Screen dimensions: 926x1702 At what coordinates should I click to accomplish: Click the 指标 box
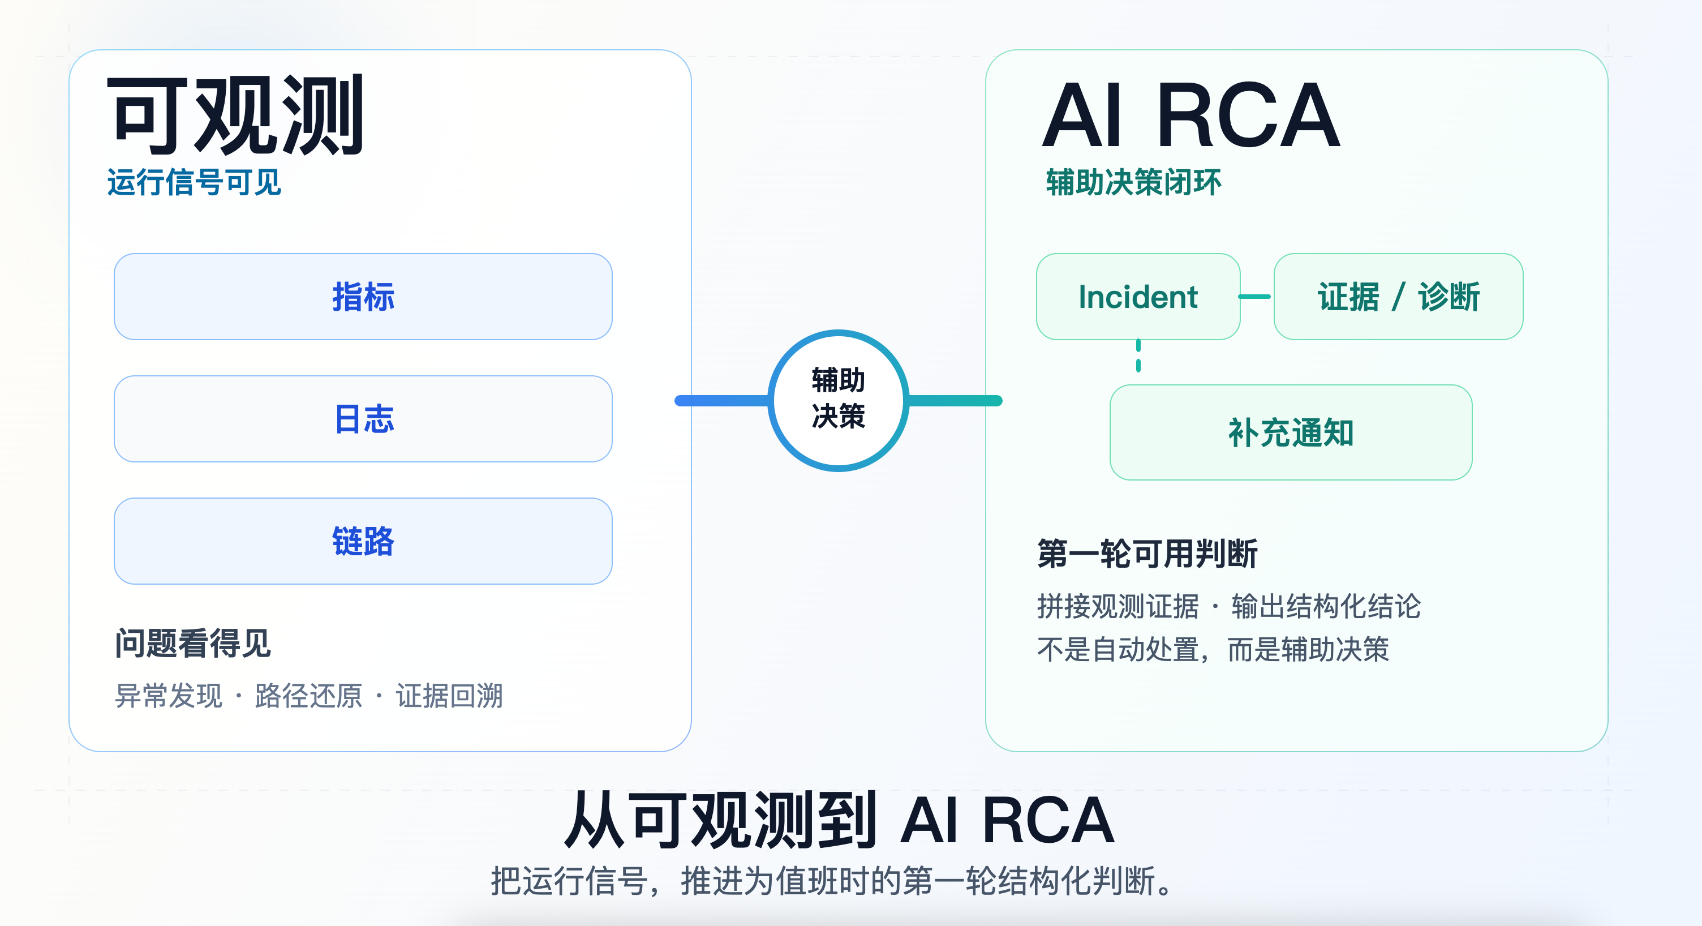(x=363, y=297)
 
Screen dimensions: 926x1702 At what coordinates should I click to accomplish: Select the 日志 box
(x=363, y=419)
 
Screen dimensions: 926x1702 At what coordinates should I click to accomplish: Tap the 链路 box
(x=363, y=541)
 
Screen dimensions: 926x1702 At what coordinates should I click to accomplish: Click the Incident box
(x=1137, y=297)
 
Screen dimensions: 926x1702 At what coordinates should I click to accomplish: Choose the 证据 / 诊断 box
(x=1398, y=297)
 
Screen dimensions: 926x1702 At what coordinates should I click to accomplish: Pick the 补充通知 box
(x=1291, y=433)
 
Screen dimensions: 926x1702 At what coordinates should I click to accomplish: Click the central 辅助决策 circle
(x=838, y=400)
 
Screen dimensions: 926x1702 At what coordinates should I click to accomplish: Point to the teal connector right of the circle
(x=955, y=401)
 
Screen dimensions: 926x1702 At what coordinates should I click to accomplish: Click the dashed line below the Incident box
(x=1138, y=356)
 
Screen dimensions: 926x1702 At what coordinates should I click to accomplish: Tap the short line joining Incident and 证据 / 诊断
(x=1254, y=297)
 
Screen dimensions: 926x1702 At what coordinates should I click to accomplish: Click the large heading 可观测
(x=235, y=115)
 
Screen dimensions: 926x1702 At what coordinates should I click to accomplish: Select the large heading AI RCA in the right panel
(x=1190, y=115)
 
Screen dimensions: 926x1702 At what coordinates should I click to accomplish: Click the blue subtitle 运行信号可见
(x=194, y=182)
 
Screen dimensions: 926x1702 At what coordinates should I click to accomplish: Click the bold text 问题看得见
(x=192, y=643)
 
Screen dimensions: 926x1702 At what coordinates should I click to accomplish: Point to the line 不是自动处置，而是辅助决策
(x=1213, y=649)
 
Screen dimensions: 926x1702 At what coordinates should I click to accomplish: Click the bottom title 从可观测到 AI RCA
(x=839, y=820)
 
